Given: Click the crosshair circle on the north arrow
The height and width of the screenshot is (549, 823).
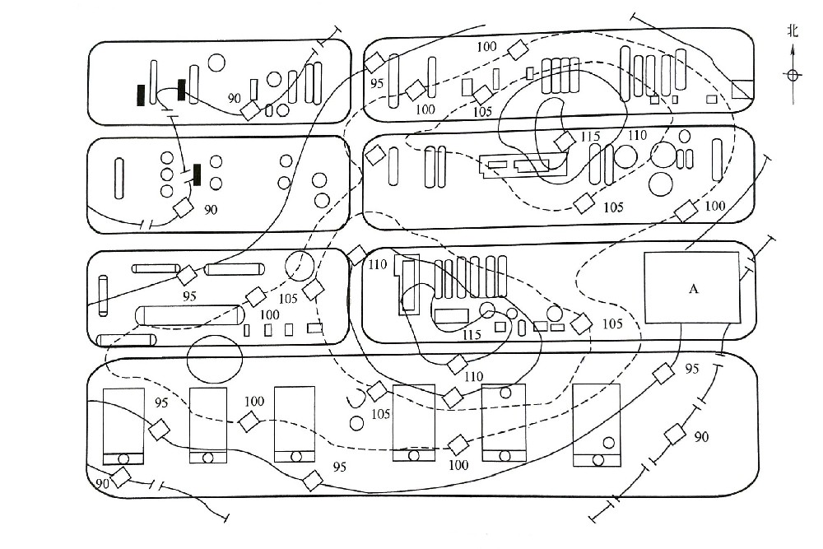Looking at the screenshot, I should click(793, 75).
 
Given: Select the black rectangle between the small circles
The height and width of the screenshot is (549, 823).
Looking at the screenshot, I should click(198, 174).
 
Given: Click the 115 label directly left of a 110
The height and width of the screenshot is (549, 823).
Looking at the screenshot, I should click(590, 136).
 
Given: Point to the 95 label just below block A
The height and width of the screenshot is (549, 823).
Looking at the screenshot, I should click(690, 368).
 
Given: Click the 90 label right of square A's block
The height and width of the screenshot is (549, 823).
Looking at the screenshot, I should click(701, 435).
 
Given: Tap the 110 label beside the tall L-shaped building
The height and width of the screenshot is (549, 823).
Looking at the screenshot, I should click(377, 265).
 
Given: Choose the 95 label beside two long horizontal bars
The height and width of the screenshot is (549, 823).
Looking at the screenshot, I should click(189, 295).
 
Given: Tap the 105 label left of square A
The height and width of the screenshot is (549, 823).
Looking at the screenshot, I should click(611, 323).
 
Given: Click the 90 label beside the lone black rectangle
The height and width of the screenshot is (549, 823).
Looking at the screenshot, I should click(212, 210).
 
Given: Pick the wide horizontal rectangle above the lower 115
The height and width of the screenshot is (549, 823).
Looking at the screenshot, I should click(450, 314).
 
